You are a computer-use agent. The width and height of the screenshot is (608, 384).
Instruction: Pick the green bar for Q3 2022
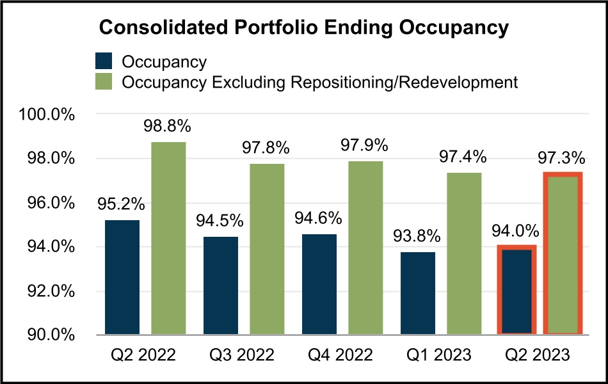click(267, 250)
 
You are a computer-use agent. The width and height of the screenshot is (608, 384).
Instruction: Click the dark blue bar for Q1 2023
click(417, 293)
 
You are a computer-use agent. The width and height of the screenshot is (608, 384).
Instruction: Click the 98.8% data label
click(168, 127)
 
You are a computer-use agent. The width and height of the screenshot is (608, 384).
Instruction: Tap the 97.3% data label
click(561, 157)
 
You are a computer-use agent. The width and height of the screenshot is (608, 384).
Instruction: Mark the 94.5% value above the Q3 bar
click(220, 221)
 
